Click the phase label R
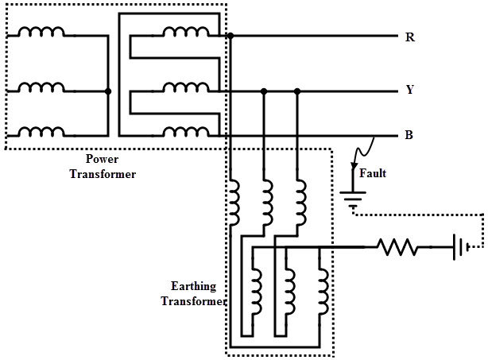pos(410,37)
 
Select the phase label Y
pos(410,90)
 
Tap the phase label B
pos(409,135)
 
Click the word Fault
pos(373,173)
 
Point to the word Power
pos(102,159)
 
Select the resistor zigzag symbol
pos(397,247)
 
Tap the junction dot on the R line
pos(230,36)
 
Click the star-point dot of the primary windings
pos(108,91)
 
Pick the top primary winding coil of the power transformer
pos(41,32)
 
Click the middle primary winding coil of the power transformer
pos(41,87)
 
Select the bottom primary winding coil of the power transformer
pos(41,132)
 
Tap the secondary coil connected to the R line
pos(186,32)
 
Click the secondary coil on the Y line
pos(186,87)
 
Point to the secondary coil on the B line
pos(186,132)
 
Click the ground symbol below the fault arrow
pos(353,199)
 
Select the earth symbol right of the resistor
pos(461,247)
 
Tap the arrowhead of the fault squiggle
pos(354,165)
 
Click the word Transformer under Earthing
pos(193,301)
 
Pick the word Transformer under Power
pos(103,174)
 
